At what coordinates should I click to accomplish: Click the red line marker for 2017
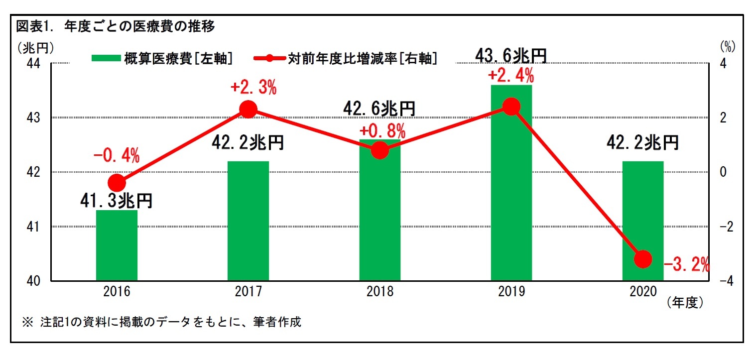click(x=248, y=109)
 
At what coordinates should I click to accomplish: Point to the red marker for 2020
click(x=643, y=259)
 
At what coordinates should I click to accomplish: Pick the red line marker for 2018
click(x=379, y=150)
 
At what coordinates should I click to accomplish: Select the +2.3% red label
click(x=253, y=88)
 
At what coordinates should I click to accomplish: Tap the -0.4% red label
click(x=117, y=156)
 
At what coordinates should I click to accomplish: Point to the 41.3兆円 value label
click(x=116, y=200)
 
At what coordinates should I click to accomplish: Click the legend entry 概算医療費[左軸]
click(x=162, y=58)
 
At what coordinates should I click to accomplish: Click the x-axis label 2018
click(x=379, y=292)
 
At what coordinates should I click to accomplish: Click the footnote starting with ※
click(x=162, y=322)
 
